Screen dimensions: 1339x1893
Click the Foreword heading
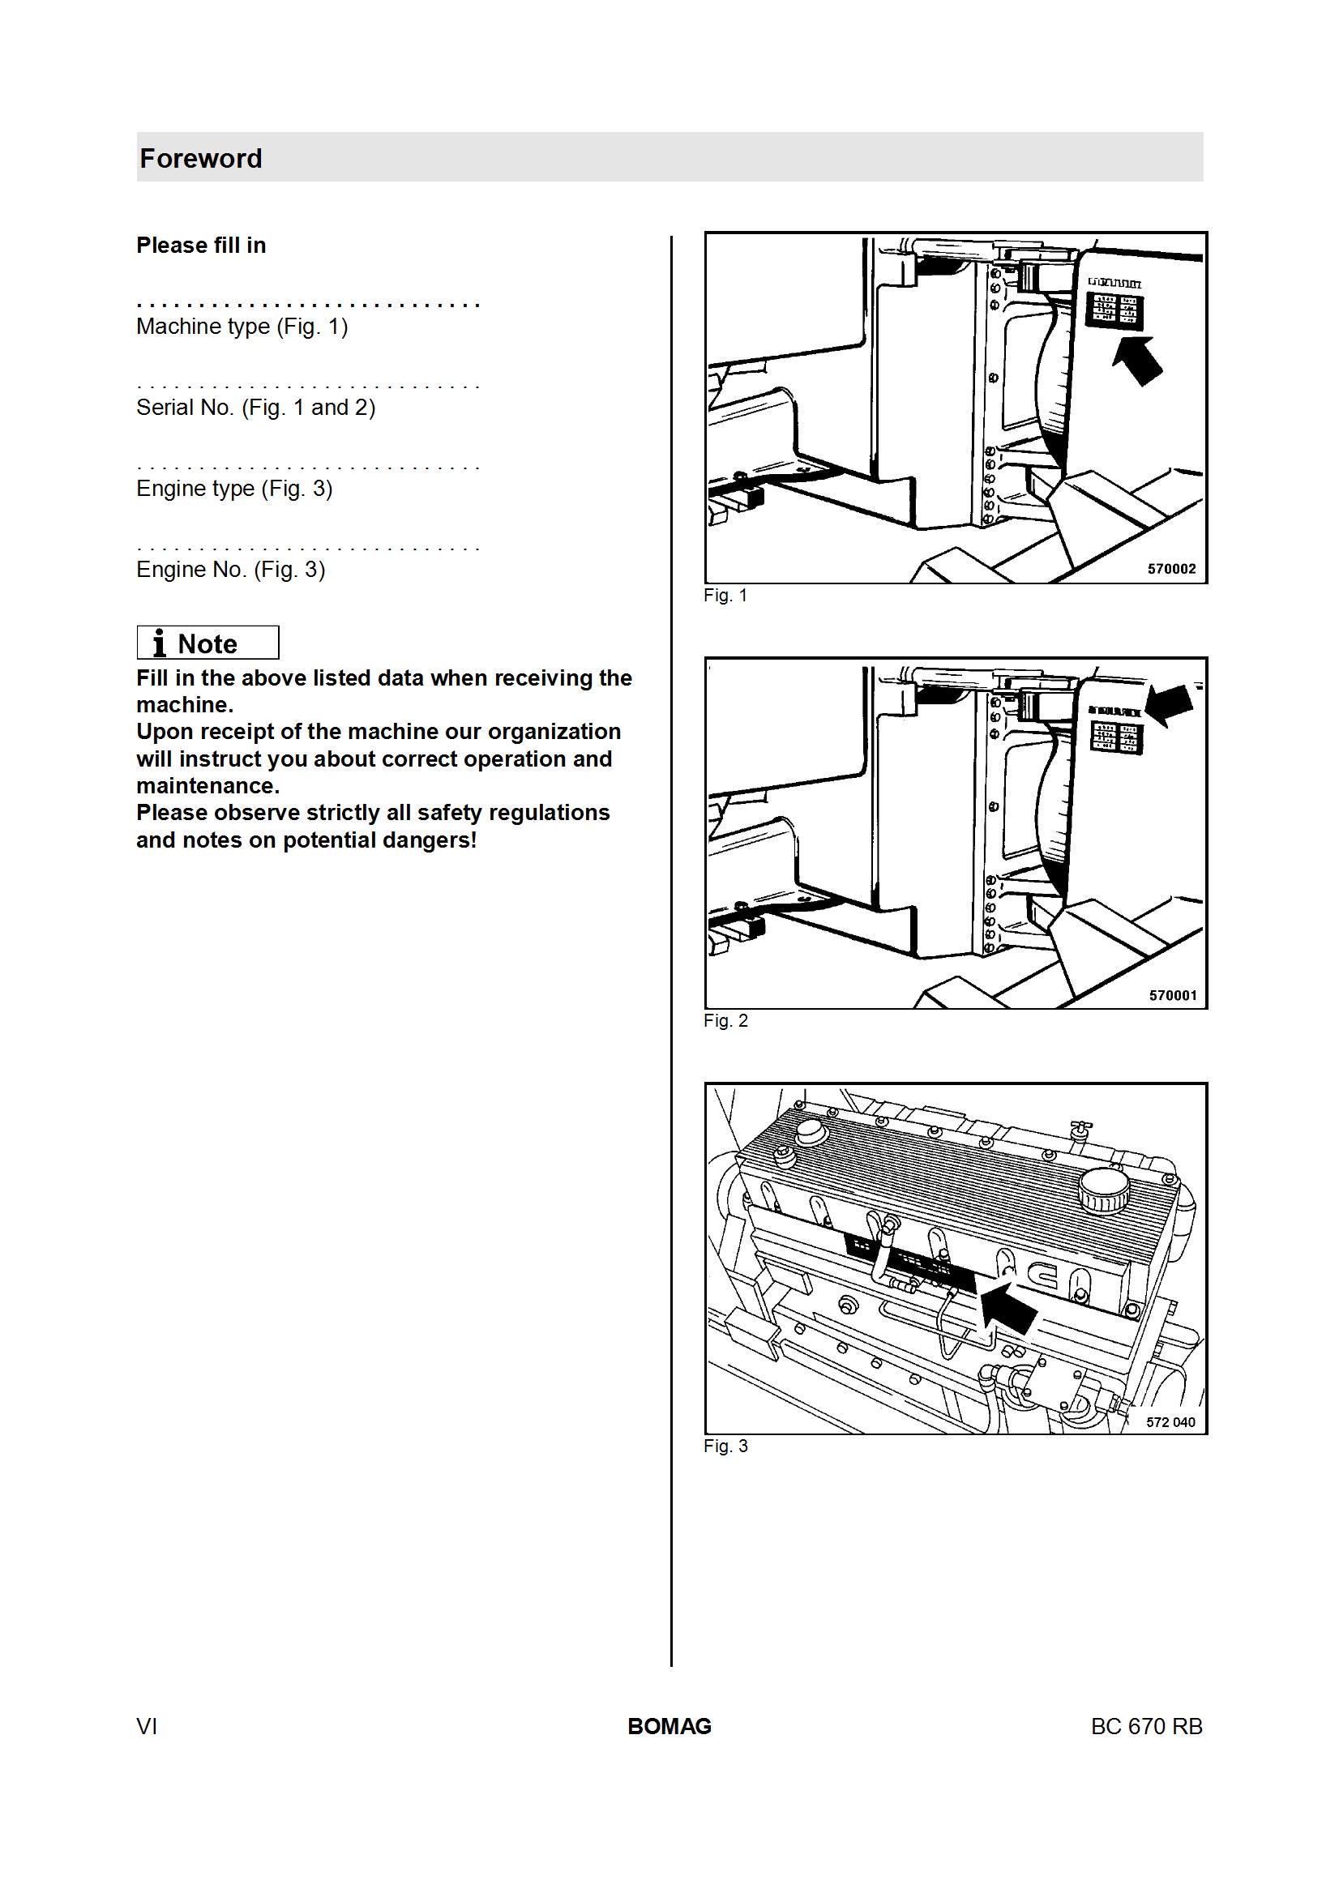200,158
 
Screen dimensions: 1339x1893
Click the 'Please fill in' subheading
201,246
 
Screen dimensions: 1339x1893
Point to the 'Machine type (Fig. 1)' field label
242,327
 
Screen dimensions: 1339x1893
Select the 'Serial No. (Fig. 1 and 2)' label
255,408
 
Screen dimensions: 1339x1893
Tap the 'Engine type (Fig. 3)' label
234,488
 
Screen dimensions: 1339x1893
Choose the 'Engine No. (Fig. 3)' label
231,569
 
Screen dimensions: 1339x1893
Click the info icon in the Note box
160,643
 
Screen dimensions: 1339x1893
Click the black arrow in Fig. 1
1138,360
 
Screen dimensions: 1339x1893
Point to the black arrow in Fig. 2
1169,705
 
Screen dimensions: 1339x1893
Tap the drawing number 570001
1173,995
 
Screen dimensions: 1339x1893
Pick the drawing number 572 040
1170,1422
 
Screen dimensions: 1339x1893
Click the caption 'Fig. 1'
725,596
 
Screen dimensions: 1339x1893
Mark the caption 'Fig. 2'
725,1021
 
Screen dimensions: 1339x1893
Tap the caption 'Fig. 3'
725,1446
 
